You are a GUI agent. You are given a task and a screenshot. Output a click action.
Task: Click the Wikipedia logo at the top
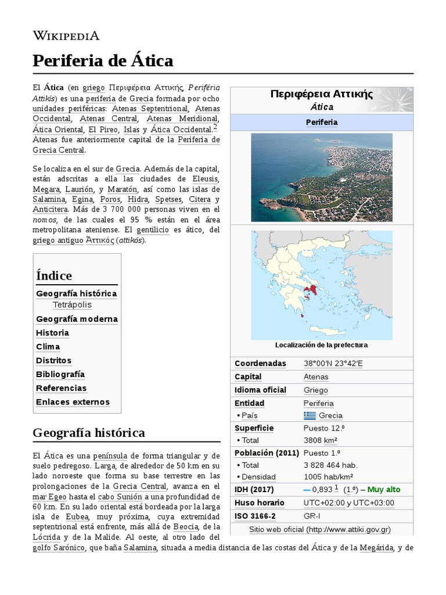pos(66,36)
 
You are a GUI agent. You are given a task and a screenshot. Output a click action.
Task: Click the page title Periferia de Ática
pos(103,60)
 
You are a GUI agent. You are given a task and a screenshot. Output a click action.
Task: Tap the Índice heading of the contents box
pos(54,275)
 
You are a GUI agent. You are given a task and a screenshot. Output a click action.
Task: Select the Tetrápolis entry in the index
pos(72,304)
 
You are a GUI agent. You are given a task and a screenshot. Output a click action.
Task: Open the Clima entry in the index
pos(48,346)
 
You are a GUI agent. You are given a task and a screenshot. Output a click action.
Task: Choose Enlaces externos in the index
pos(73,402)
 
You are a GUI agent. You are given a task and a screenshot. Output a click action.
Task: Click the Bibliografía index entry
pos(60,374)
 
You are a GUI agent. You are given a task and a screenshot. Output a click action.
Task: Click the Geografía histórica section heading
pos(89,433)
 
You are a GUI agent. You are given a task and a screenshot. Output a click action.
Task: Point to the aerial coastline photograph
pos(321,177)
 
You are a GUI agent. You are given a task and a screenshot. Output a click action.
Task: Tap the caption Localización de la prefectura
pos(321,345)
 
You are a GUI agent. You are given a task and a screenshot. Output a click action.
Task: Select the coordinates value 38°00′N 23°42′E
pos(333,364)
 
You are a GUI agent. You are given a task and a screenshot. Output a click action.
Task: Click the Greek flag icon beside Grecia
pos(310,415)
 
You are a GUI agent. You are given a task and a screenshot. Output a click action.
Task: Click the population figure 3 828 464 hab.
pos(330,465)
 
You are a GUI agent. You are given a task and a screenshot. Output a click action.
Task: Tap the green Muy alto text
pos(383,489)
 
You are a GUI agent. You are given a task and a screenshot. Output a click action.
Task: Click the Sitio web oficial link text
pos(278,529)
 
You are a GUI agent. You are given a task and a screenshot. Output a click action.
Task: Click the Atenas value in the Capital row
pos(315,377)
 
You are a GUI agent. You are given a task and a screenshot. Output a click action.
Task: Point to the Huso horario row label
pos(259,503)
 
